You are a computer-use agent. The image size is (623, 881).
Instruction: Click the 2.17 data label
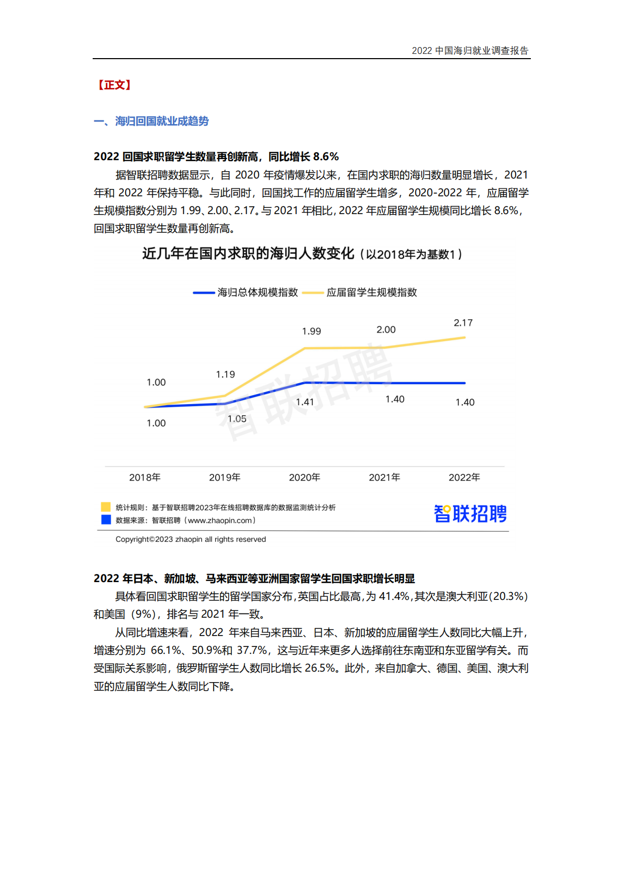point(463,323)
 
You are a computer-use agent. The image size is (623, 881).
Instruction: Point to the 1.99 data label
point(311,331)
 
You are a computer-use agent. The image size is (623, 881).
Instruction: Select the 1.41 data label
point(305,402)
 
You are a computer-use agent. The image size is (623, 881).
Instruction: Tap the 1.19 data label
point(225,374)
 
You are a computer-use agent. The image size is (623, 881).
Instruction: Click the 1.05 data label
point(237,419)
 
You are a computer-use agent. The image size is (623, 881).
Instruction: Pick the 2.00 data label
point(386,330)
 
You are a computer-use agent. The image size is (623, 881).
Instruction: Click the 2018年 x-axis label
point(145,477)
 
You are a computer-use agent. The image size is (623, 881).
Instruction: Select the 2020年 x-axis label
point(305,477)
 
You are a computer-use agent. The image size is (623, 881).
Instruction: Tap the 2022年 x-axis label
point(464,477)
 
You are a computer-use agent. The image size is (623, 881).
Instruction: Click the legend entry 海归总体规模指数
point(257,293)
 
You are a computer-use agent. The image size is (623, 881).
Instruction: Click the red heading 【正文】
point(113,85)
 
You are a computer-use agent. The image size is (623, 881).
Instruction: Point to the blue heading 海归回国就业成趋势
point(162,121)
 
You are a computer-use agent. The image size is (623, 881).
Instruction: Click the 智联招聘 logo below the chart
point(470,514)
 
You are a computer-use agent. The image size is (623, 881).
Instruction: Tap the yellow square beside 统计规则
point(106,507)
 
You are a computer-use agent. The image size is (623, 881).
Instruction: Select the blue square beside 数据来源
point(106,520)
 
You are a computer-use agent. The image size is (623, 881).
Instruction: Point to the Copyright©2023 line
point(191,539)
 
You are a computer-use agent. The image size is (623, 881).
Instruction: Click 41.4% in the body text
point(394,596)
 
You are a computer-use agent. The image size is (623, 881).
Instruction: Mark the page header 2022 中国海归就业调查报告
point(470,51)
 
